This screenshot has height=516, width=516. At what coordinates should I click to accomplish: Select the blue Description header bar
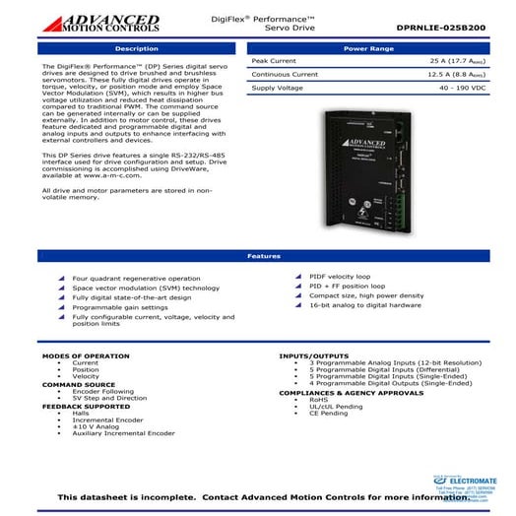pyautogui.click(x=136, y=47)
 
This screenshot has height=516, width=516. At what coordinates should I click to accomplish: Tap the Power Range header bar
pyautogui.click(x=369, y=47)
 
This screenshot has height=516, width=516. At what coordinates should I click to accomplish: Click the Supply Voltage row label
pyautogui.click(x=280, y=88)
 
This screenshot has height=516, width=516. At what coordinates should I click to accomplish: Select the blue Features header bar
pyautogui.click(x=257, y=256)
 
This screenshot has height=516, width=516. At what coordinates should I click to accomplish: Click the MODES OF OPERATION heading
pyautogui.click(x=86, y=355)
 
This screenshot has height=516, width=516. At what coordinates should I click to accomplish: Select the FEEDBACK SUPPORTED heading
pyautogui.click(x=86, y=406)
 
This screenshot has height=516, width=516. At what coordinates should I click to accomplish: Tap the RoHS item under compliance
pyautogui.click(x=320, y=399)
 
